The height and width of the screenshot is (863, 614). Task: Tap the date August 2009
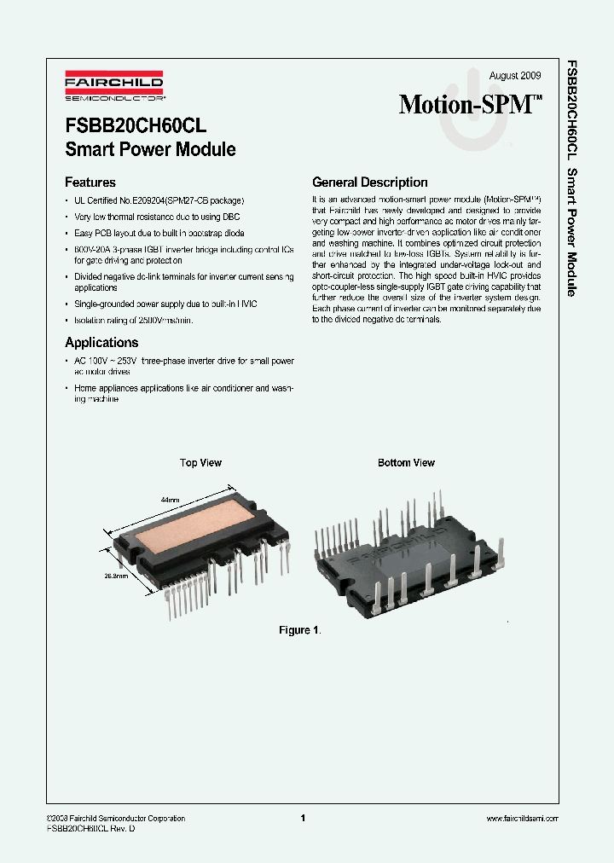(515, 76)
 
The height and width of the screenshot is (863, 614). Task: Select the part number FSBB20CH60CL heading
(136, 125)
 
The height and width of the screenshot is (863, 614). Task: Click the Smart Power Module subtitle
(150, 150)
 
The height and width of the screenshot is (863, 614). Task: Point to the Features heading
(90, 182)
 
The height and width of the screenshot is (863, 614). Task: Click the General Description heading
(370, 182)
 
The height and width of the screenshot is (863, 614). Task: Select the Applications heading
(101, 343)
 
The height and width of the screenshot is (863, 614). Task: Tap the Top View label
(200, 463)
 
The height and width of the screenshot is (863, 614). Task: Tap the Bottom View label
(406, 463)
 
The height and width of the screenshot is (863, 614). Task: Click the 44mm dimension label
(170, 500)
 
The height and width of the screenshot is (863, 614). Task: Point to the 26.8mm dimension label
(117, 576)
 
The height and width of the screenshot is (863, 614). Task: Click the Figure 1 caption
(299, 630)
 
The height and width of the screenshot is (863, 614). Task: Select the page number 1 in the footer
(303, 819)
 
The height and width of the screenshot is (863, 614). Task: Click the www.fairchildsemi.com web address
(522, 819)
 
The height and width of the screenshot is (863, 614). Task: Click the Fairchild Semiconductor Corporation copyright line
(116, 819)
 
